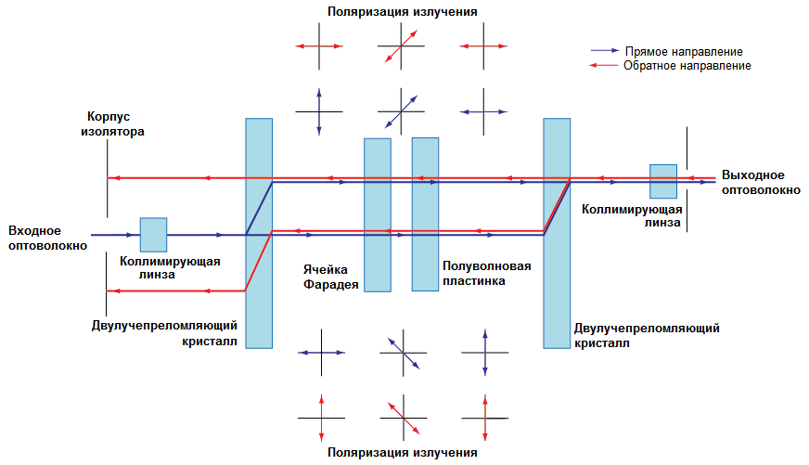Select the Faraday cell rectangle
click(378, 214)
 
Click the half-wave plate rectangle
click(425, 213)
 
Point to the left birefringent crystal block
click(259, 232)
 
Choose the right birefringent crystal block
click(557, 232)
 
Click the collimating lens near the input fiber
click(153, 234)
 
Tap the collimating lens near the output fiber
click(663, 181)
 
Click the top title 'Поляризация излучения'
click(403, 12)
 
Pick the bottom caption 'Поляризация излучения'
click(403, 453)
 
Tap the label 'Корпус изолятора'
click(111, 124)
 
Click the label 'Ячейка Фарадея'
click(331, 276)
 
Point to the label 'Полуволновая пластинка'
click(487, 273)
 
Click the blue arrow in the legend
click(605, 52)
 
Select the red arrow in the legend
click(605, 66)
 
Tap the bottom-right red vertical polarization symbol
click(485, 419)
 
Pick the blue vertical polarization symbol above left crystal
click(319, 111)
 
